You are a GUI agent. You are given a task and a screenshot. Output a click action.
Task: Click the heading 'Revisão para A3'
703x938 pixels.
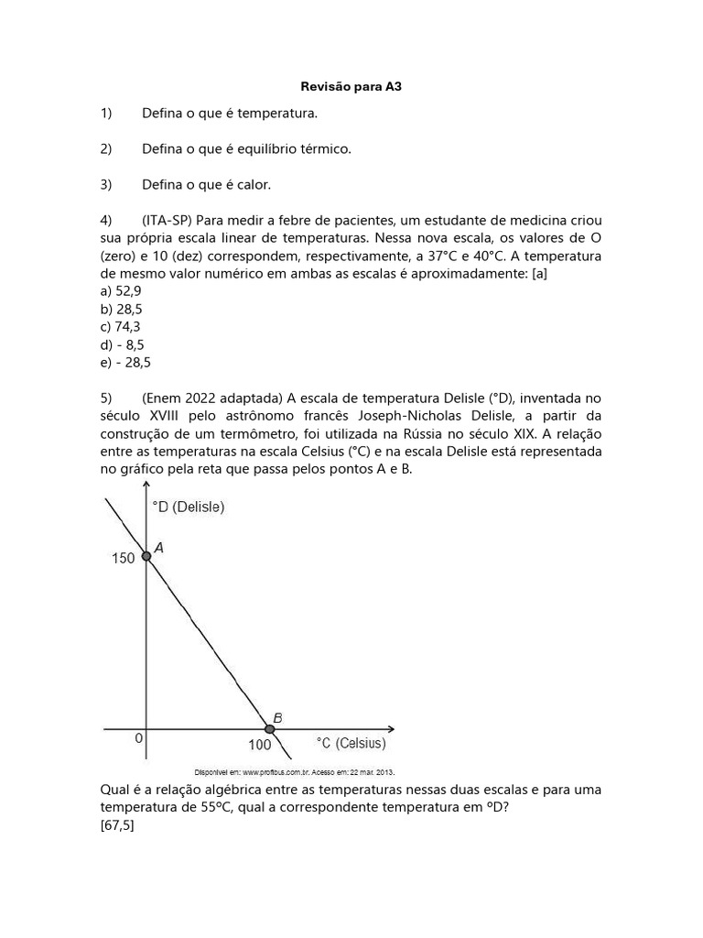tap(351, 88)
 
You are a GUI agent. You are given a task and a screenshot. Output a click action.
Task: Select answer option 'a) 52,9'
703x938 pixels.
tap(121, 290)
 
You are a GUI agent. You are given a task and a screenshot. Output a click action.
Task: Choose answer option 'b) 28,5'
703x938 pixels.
tap(121, 309)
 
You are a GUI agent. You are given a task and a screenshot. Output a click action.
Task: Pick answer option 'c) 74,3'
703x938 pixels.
tap(121, 327)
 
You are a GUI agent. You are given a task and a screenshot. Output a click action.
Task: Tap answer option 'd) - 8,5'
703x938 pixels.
tap(123, 344)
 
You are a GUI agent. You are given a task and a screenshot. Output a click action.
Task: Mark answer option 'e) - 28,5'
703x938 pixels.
tap(125, 363)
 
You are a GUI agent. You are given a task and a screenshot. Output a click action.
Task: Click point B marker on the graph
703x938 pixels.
tap(269, 729)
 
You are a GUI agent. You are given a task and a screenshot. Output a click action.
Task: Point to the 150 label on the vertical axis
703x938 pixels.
tap(123, 558)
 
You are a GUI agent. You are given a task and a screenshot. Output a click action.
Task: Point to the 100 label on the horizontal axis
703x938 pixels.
tap(259, 747)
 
